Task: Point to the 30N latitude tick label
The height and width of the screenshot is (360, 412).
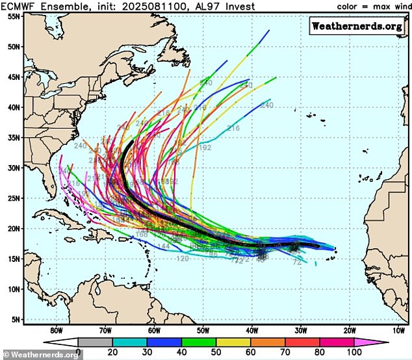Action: [x=11, y=168]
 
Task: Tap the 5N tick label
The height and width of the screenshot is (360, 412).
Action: [x=12, y=320]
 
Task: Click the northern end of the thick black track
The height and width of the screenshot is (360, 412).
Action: [x=132, y=141]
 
